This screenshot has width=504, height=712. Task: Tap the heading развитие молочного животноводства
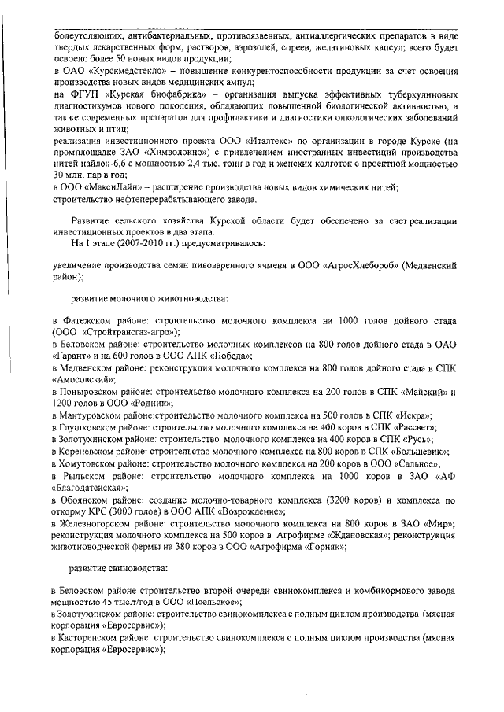[x=150, y=299]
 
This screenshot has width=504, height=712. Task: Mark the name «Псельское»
[x=209, y=601]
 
